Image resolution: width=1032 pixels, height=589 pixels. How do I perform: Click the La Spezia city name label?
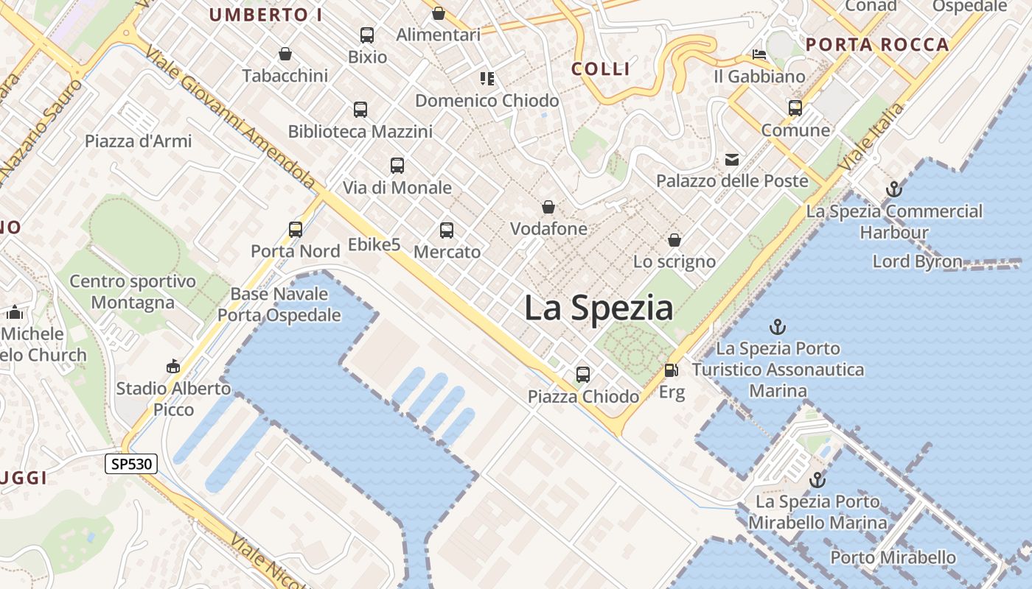598,308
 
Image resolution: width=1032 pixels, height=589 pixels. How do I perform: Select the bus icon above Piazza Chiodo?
583,375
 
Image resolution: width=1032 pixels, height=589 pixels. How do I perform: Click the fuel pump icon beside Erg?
671,370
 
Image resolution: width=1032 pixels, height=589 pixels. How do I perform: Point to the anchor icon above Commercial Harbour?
893,189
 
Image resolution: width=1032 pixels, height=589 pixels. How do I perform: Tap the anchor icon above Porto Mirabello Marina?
817,480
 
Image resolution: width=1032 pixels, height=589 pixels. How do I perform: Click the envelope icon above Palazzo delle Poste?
732,159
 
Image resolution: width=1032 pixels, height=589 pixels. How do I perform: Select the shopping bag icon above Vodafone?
548,207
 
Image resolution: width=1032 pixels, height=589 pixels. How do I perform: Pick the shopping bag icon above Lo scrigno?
674,240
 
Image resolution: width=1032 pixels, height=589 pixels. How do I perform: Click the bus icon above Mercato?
447,230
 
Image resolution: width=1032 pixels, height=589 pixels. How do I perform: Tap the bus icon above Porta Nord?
296,230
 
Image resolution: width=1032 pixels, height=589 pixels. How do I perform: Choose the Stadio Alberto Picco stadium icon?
173,367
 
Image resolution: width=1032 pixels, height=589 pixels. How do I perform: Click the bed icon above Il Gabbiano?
759,54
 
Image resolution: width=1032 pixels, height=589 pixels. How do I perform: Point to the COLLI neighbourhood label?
601,69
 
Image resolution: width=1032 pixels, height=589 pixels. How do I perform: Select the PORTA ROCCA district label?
877,45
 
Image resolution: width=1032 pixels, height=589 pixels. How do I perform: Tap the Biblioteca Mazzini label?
360,132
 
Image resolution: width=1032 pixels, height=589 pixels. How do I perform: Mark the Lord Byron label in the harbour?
917,261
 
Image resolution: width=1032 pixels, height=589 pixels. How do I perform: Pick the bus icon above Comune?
795,108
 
